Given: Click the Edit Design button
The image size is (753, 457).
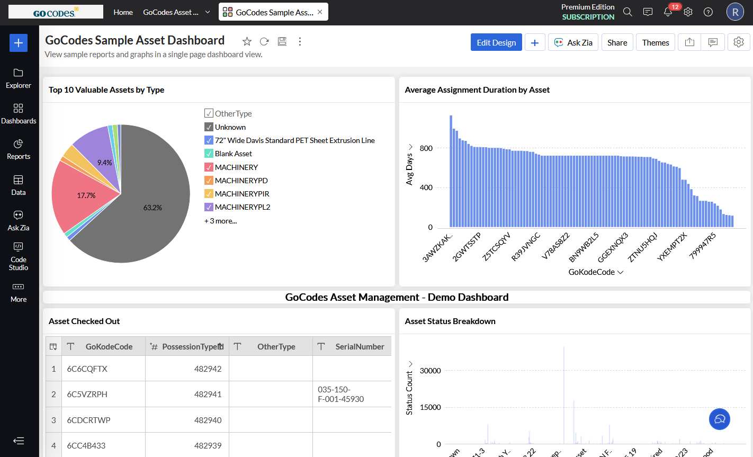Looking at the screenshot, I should click(x=496, y=42).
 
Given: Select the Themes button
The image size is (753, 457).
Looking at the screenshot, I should click(x=656, y=42).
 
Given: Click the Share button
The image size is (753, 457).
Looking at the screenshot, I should click(x=617, y=42).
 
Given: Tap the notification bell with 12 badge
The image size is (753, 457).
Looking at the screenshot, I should click(x=668, y=12).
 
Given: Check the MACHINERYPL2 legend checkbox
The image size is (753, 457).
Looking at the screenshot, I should click(x=209, y=207).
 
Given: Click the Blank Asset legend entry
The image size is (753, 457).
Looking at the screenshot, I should click(x=233, y=154).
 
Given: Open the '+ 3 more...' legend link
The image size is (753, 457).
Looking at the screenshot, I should click(x=221, y=221).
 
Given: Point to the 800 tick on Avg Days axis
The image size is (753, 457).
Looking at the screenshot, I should click(x=426, y=148).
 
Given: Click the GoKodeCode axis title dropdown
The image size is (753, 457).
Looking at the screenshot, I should click(x=596, y=272).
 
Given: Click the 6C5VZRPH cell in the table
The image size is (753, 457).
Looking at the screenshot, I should click(x=87, y=394).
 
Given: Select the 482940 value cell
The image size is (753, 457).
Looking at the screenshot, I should click(x=208, y=420).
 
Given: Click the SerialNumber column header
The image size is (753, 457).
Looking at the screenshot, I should click(x=360, y=346).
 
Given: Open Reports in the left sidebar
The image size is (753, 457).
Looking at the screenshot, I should click(x=19, y=149).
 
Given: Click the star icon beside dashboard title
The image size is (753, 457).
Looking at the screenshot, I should click(x=247, y=41).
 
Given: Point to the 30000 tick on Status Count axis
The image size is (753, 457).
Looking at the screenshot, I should click(x=430, y=371).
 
